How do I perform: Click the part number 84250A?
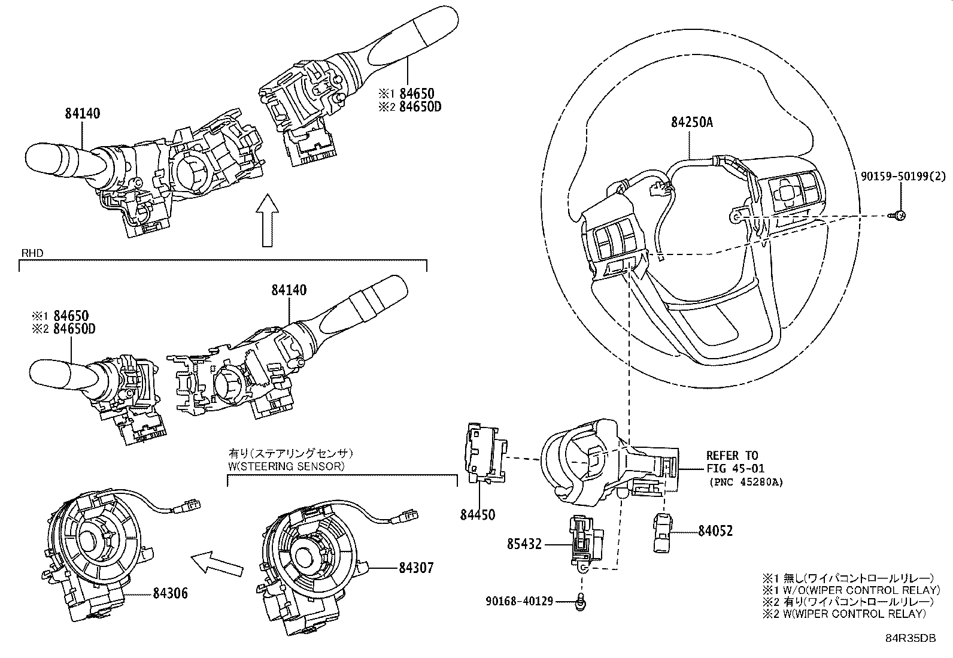(692, 123)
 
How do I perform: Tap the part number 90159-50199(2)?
(903, 176)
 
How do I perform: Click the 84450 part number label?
(477, 515)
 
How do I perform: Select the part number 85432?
(524, 544)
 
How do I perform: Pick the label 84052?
(715, 530)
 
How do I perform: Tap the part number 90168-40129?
(520, 601)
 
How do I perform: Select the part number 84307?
(416, 568)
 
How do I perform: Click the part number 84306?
(170, 593)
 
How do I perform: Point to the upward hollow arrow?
(267, 220)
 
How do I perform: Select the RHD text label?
(32, 253)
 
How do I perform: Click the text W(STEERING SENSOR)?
(286, 466)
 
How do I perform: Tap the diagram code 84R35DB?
(910, 638)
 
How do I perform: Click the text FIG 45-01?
(736, 469)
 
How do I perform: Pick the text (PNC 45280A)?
(746, 482)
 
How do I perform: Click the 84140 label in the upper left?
(83, 114)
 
